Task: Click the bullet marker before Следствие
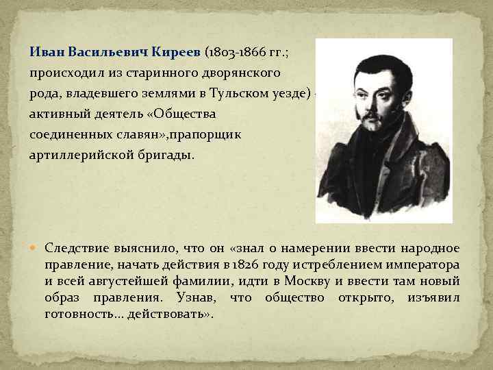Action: click(36, 247)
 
